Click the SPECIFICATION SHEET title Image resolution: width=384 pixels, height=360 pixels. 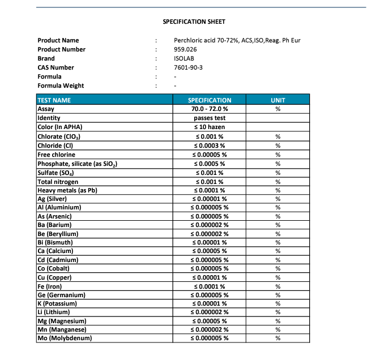click(x=194, y=22)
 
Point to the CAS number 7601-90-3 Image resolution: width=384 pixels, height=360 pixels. click(x=189, y=67)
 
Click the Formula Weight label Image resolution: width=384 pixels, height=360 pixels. click(x=61, y=85)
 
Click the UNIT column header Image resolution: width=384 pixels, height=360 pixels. click(x=278, y=100)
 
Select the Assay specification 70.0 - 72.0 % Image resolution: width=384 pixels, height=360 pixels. click(x=210, y=109)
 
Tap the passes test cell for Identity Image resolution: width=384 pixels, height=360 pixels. click(x=210, y=118)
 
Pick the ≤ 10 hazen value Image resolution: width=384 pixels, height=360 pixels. click(x=210, y=127)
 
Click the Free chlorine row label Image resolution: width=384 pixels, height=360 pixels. click(x=56, y=155)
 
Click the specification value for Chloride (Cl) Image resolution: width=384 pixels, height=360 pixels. click(x=210, y=145)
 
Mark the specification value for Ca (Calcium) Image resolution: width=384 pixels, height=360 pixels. click(x=210, y=251)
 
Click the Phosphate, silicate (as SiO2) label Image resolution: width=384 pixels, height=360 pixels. click(x=77, y=164)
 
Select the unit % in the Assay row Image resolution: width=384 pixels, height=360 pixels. click(x=278, y=109)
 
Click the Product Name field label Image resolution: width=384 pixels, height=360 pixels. click(x=58, y=40)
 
